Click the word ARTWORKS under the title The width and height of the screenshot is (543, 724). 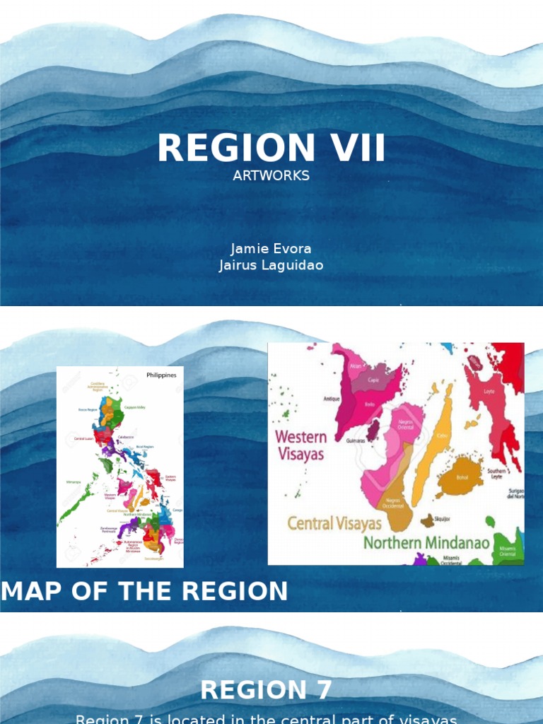click(271, 175)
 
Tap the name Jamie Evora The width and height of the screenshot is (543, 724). click(271, 249)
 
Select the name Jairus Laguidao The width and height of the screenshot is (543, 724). click(271, 265)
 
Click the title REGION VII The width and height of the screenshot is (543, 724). click(271, 148)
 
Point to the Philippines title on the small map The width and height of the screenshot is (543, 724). click(161, 375)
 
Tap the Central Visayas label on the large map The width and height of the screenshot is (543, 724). click(334, 524)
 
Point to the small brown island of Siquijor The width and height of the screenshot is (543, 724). click(428, 521)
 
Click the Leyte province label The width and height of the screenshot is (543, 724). click(489, 391)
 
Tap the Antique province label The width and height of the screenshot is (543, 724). click(332, 399)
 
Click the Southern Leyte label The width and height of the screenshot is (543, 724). click(496, 473)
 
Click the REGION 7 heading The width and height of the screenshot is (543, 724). click(266, 689)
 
